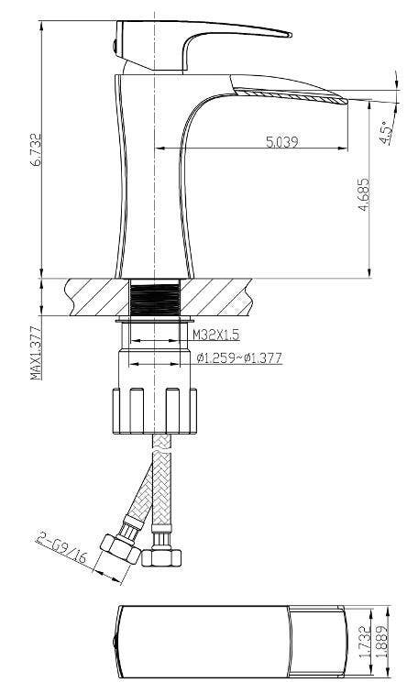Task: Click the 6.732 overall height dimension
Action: click(36, 149)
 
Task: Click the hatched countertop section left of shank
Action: click(92, 298)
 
